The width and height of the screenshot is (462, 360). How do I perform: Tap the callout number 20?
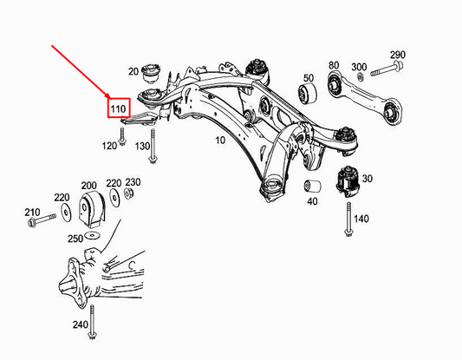click(x=133, y=71)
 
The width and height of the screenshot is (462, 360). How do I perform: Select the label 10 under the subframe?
click(x=219, y=140)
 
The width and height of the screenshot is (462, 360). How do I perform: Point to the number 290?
click(x=398, y=55)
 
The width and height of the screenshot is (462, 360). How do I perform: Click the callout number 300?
click(x=357, y=66)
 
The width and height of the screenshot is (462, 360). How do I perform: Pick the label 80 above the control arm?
click(x=333, y=66)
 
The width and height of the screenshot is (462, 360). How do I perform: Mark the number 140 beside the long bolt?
click(x=361, y=218)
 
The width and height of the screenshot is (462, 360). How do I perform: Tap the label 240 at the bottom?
click(x=81, y=324)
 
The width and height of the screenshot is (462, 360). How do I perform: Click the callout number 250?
click(x=75, y=238)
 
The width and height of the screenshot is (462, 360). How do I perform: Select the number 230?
click(x=132, y=182)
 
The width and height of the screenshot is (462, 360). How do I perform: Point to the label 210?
click(x=33, y=212)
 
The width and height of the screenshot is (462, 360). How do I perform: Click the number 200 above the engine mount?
click(x=88, y=185)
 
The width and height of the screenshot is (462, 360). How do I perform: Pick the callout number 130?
click(x=143, y=146)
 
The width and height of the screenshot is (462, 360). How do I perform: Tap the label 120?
click(x=108, y=146)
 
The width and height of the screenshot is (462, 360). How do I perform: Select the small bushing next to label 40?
click(x=310, y=187)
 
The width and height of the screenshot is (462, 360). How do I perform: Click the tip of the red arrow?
click(x=108, y=95)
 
